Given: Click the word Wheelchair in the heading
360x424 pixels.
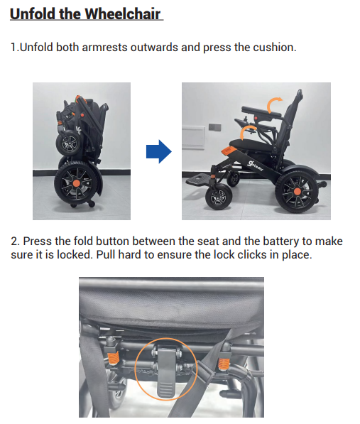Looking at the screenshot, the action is [123, 13].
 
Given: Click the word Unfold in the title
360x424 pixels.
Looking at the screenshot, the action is [32, 13].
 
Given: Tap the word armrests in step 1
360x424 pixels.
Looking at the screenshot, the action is [104, 48].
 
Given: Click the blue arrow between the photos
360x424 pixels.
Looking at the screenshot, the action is [159, 151].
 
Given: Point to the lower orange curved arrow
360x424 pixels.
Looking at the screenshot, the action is [247, 132].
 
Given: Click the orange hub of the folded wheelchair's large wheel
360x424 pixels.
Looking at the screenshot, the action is [77, 183].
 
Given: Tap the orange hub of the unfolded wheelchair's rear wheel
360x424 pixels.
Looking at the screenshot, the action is [298, 192].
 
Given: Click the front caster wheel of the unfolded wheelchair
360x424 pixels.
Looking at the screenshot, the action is [219, 197].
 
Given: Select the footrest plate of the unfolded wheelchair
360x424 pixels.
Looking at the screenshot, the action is [199, 179].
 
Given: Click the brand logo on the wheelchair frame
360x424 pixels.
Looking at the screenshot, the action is [255, 165].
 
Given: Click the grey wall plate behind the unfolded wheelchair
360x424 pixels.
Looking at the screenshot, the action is [215, 127].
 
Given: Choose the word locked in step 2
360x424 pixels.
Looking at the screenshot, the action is [75, 255].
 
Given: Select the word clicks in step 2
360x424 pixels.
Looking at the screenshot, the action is [251, 255].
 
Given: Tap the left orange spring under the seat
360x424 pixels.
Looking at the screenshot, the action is [114, 358].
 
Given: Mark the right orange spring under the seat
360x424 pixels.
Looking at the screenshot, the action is [224, 364].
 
